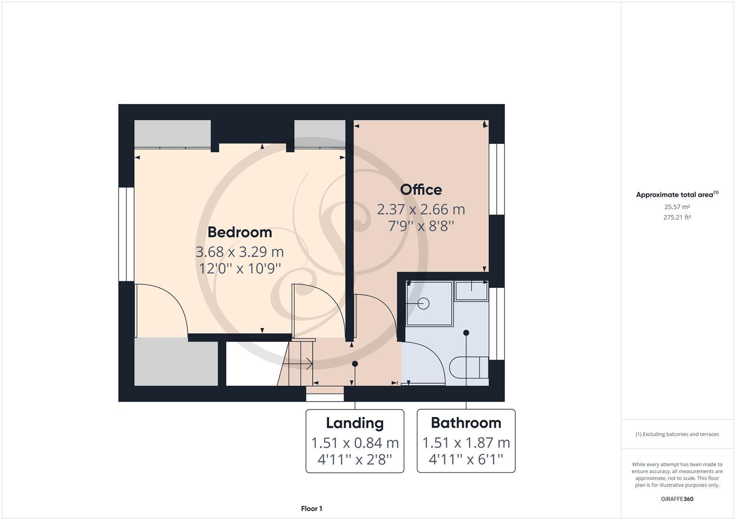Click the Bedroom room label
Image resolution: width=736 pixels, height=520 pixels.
pyautogui.click(x=240, y=232)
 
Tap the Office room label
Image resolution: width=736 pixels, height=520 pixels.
pyautogui.click(x=421, y=190)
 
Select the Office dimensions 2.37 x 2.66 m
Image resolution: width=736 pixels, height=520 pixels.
pyautogui.click(x=421, y=209)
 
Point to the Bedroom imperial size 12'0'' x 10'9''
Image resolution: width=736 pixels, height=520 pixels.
pyautogui.click(x=240, y=268)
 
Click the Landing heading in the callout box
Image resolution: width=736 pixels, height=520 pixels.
pyautogui.click(x=355, y=423)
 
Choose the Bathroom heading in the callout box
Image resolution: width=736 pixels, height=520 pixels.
pyautogui.click(x=466, y=423)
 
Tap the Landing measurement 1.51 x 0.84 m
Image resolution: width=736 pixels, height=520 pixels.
pyautogui.click(x=355, y=442)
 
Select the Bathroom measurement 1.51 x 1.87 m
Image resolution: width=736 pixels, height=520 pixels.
pyautogui.click(x=466, y=442)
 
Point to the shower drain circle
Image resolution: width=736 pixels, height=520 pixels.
pyautogui.click(x=424, y=303)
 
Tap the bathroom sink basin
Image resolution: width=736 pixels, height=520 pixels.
pyautogui.click(x=471, y=291)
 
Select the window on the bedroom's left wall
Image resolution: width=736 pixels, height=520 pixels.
pyautogui.click(x=126, y=234)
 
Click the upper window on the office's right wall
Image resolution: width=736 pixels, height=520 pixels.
pyautogui.click(x=496, y=179)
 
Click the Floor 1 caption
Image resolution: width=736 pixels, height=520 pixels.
pyautogui.click(x=311, y=508)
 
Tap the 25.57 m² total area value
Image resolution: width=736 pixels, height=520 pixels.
pyautogui.click(x=677, y=207)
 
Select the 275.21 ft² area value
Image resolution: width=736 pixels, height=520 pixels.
pyautogui.click(x=677, y=217)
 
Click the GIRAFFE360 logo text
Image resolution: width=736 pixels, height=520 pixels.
pyautogui.click(x=677, y=499)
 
